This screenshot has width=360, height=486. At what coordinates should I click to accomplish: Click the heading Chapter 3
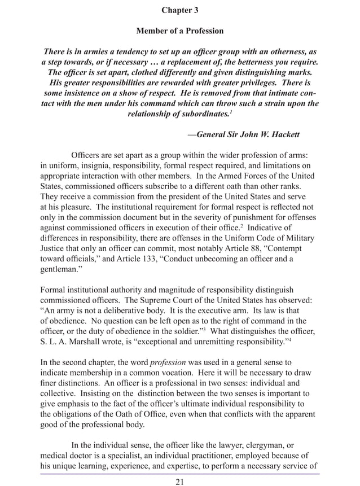180,10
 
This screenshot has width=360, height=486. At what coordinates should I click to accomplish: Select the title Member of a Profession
180,30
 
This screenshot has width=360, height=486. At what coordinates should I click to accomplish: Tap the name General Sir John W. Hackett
244,134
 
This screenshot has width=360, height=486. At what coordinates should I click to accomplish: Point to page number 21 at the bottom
180,481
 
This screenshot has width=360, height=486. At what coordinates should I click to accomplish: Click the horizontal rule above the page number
180,474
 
